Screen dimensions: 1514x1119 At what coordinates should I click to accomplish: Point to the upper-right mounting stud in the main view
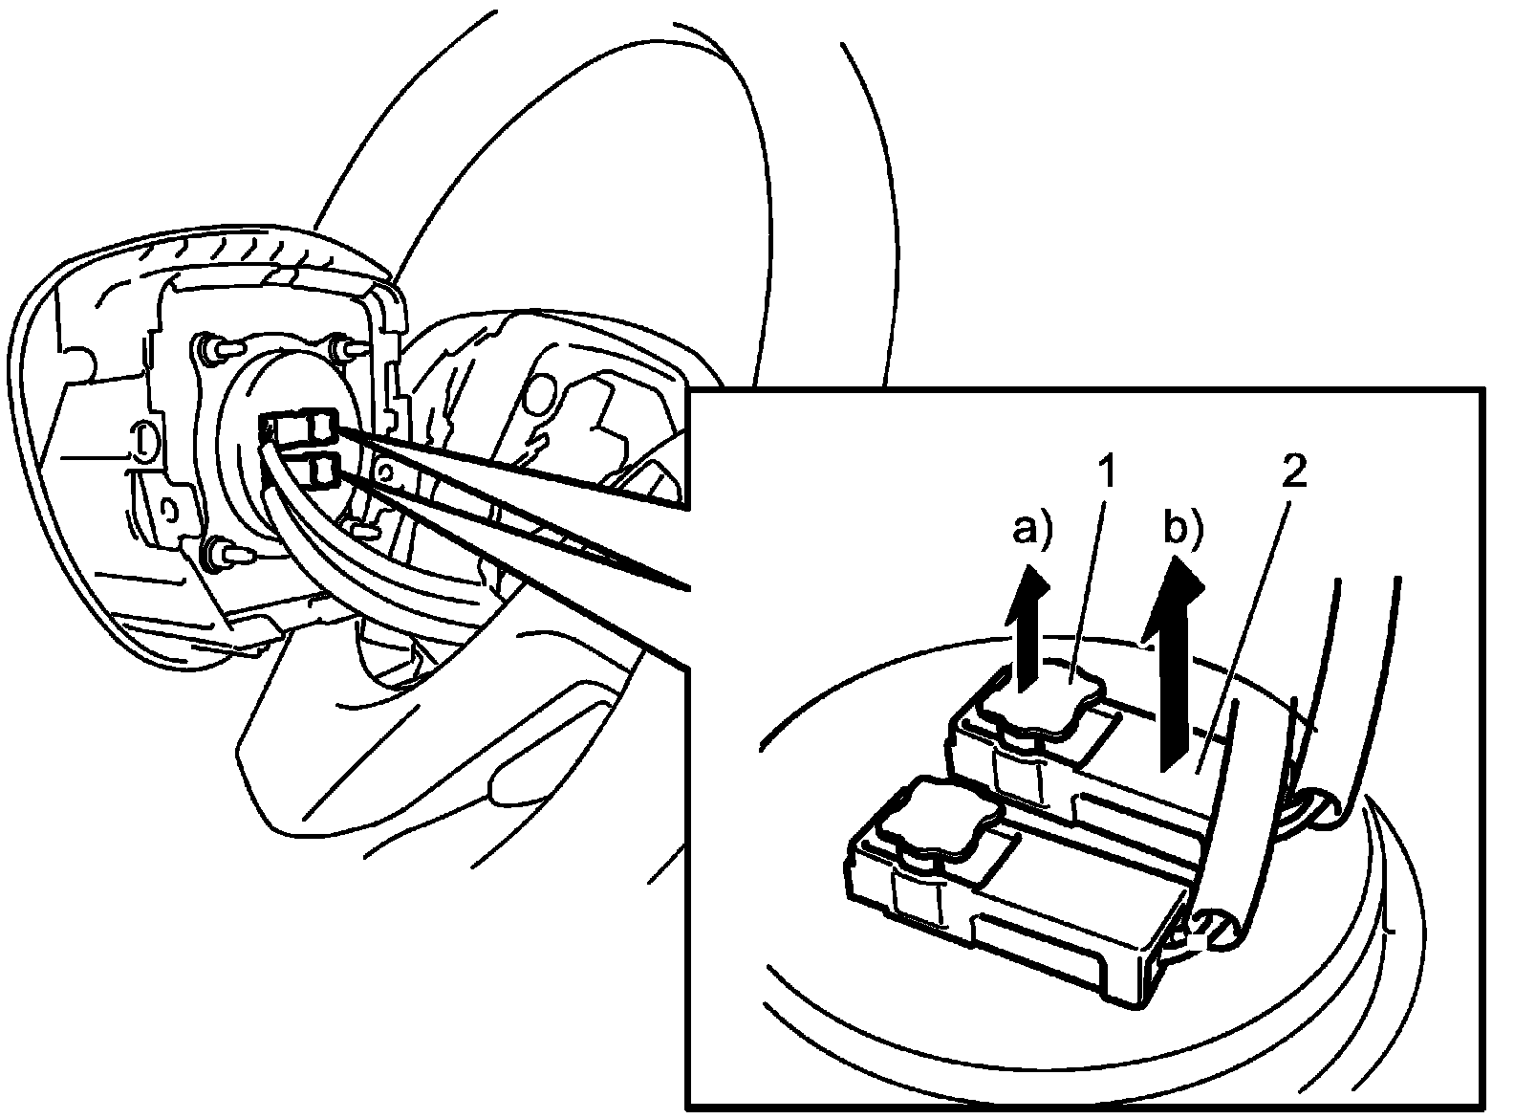coord(344,348)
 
